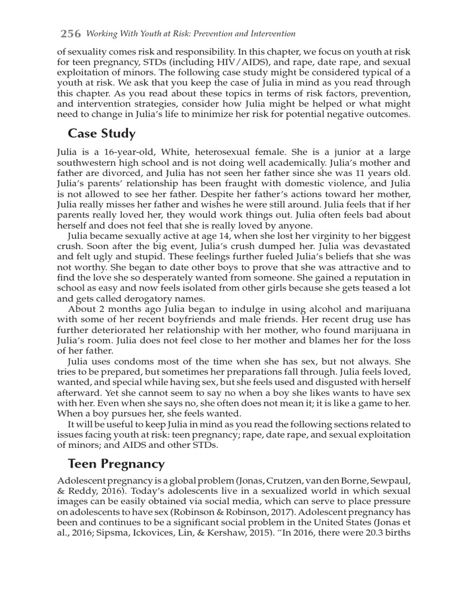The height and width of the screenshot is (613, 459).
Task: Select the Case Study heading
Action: [102, 133]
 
